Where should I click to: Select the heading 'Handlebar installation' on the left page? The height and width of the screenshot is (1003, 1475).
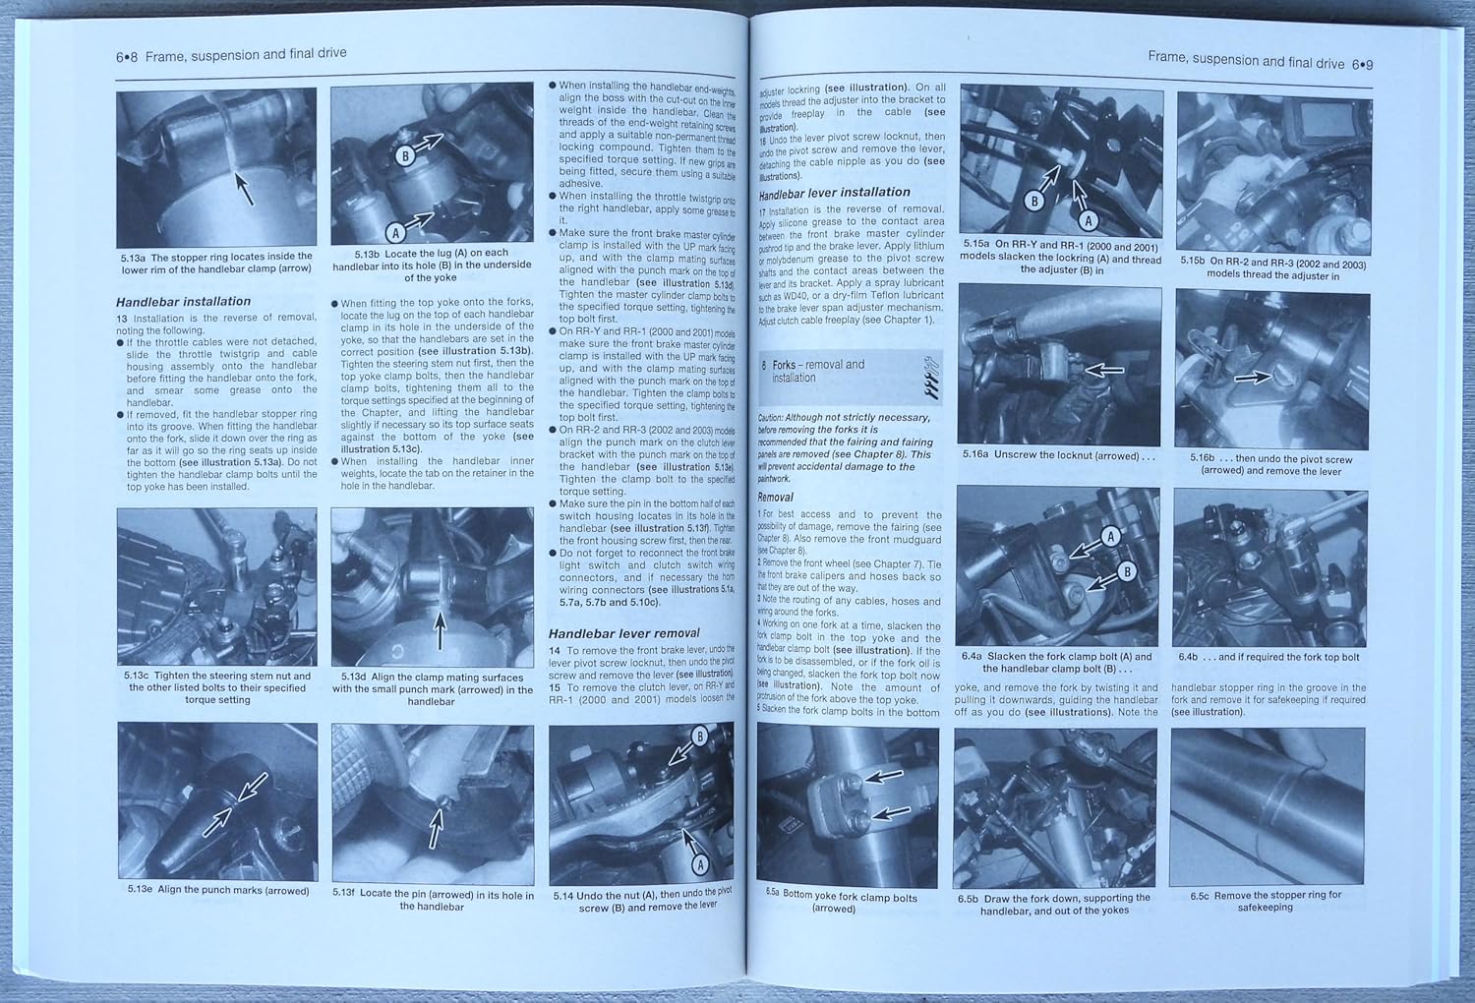(183, 302)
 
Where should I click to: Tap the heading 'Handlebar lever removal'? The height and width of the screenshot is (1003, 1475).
(623, 633)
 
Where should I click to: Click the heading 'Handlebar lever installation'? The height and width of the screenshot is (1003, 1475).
(834, 193)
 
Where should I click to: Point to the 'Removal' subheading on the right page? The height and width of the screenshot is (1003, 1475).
(775, 498)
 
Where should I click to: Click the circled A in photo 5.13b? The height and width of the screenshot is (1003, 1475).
(395, 233)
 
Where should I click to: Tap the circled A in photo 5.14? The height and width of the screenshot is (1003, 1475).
(700, 864)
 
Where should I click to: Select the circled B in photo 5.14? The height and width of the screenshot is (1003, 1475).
(700, 737)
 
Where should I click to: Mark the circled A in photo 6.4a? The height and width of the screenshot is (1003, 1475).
(1111, 536)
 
